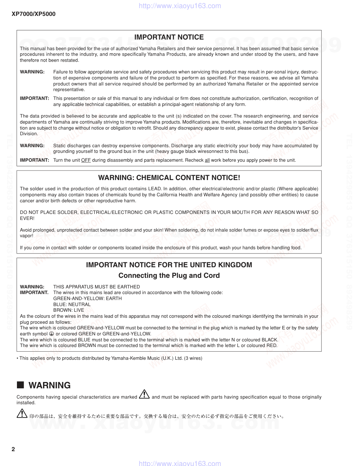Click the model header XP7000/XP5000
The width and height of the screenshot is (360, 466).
click(x=34, y=14)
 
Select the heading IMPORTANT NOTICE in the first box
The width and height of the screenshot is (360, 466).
click(x=169, y=37)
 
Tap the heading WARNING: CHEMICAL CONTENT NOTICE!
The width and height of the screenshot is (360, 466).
click(x=169, y=178)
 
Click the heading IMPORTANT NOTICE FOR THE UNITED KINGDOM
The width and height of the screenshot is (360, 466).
click(x=169, y=265)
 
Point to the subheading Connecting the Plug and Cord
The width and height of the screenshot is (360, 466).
click(x=169, y=275)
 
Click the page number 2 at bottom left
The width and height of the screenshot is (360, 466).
click(x=13, y=449)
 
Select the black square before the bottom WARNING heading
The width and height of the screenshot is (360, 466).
click(x=20, y=385)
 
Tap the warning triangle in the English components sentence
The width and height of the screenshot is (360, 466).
click(x=144, y=395)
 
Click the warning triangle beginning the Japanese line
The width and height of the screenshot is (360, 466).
click(x=22, y=413)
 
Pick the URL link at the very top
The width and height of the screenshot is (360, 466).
click(x=180, y=6)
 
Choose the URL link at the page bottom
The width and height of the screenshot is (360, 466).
click(x=180, y=463)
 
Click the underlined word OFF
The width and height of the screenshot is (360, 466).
click(x=86, y=160)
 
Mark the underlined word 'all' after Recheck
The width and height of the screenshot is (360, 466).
click(x=207, y=160)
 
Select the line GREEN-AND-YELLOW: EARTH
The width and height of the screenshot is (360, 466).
click(x=88, y=298)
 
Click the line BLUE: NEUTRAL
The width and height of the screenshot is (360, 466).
click(x=72, y=304)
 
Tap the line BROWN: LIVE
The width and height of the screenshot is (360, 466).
click(x=68, y=310)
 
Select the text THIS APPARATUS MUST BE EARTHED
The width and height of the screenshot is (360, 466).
click(x=96, y=287)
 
